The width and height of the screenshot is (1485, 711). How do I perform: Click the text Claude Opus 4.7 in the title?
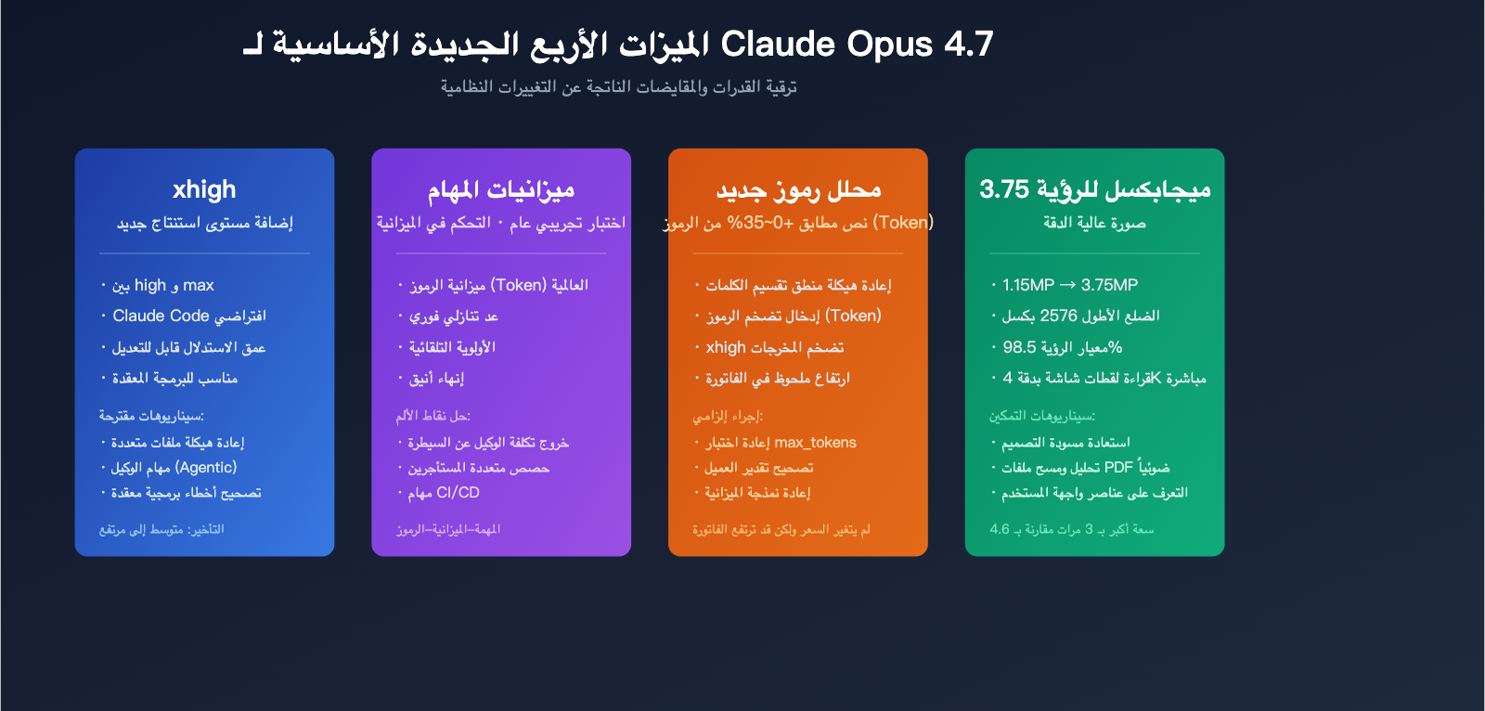coord(857,44)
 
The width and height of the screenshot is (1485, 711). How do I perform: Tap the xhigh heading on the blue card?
coord(204,189)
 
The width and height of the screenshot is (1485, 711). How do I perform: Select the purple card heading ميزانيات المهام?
coord(501,189)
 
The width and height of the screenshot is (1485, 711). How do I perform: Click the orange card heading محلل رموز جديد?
coord(798,189)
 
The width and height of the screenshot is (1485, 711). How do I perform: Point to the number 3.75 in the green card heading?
coord(1004,189)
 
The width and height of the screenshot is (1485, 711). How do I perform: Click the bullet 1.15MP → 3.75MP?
coord(1069,285)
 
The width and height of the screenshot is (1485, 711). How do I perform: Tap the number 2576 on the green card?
coord(1058,316)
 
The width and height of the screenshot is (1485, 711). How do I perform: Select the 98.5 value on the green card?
coord(1019,347)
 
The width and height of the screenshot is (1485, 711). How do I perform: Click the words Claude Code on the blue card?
coord(161,316)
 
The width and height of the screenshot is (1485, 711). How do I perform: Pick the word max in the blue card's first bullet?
coord(199,285)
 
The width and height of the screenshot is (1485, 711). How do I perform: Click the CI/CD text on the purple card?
coord(458,493)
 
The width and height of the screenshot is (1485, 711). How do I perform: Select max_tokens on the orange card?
coord(815,443)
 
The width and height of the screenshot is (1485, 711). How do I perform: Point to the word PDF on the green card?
coord(1118,468)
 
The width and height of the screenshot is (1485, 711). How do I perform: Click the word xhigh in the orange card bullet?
coord(726,347)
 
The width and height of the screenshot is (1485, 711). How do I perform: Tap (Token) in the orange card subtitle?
coord(903,223)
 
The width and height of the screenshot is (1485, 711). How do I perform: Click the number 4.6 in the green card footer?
coord(1000,530)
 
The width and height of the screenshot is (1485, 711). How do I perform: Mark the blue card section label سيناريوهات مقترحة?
coord(151,416)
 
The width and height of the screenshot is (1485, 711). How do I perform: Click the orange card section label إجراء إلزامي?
coord(728,416)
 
